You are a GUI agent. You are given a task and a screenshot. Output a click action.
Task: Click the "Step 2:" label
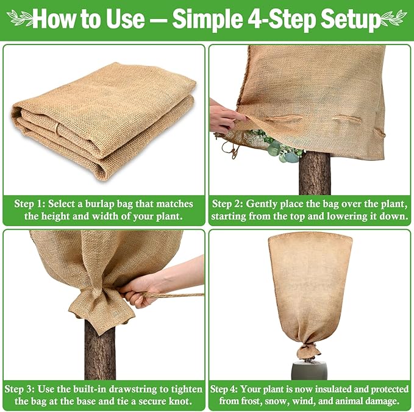(230, 204)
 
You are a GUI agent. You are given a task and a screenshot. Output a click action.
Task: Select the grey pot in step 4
(309, 369)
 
